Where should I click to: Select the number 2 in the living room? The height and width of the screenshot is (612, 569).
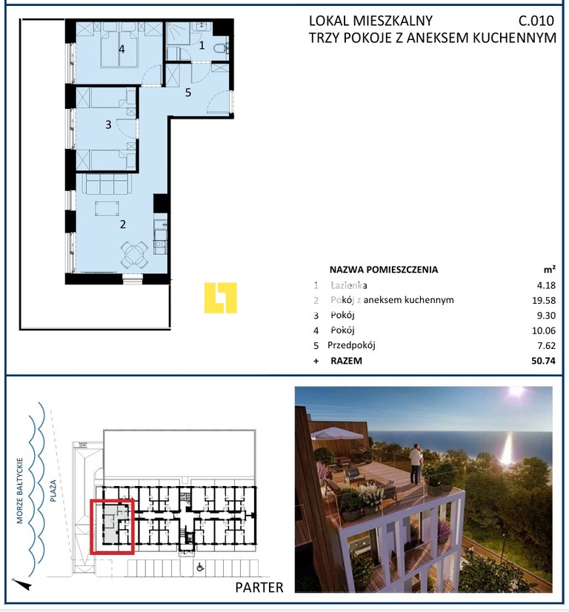point(123,224)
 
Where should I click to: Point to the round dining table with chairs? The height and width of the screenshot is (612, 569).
point(134,254)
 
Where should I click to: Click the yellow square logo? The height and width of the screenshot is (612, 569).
point(221,298)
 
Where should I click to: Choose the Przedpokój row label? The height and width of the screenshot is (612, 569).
point(352,345)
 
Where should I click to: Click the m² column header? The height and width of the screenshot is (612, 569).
point(549,270)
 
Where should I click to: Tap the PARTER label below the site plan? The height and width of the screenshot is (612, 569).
point(259,588)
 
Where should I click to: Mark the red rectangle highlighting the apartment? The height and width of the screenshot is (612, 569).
point(112,527)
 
